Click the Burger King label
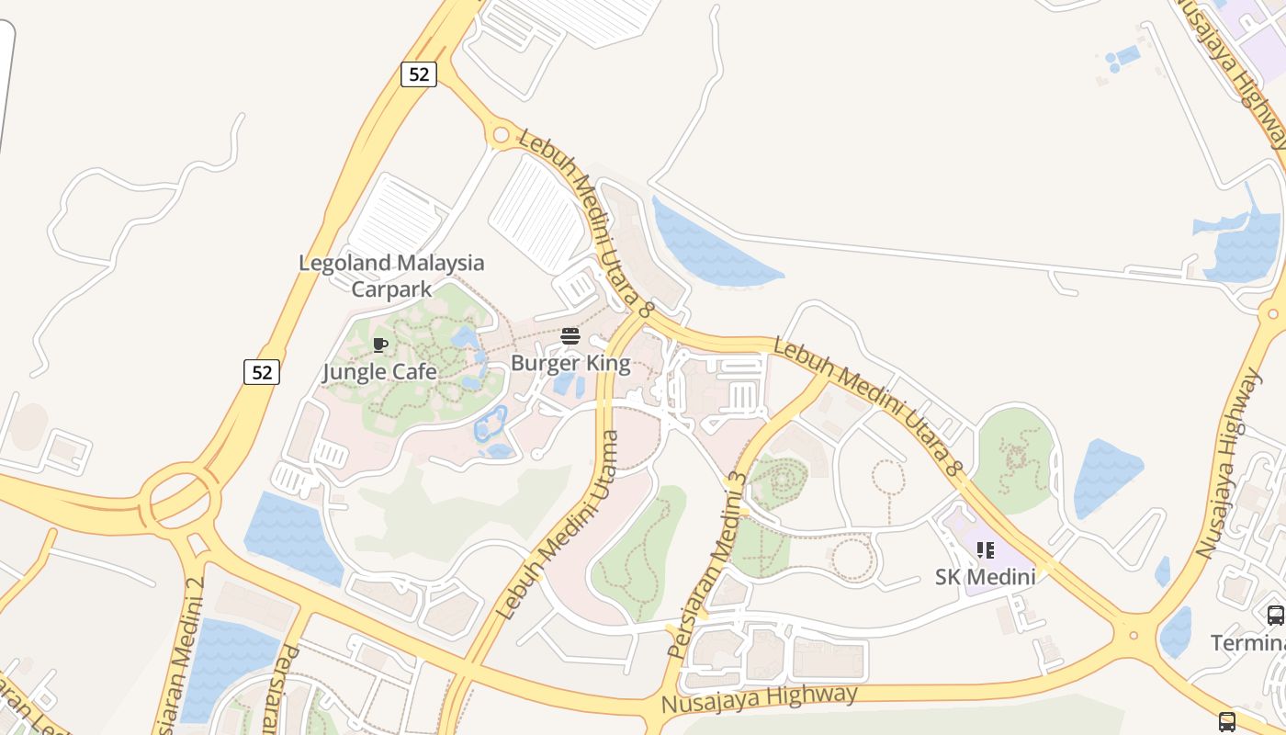coord(570,363)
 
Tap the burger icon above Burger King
coord(570,336)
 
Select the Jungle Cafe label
coord(379,372)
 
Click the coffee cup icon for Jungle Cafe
coord(380,345)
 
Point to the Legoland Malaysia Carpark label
coord(391,276)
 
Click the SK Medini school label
coord(985,577)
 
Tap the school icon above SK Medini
coord(986,550)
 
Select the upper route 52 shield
coord(419,74)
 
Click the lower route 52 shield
coord(262,372)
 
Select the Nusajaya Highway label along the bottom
coord(759,700)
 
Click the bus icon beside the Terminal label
coord(1275,616)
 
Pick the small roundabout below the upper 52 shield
coord(501,136)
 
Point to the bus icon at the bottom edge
coord(1227,721)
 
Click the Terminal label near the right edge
coord(1247,642)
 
